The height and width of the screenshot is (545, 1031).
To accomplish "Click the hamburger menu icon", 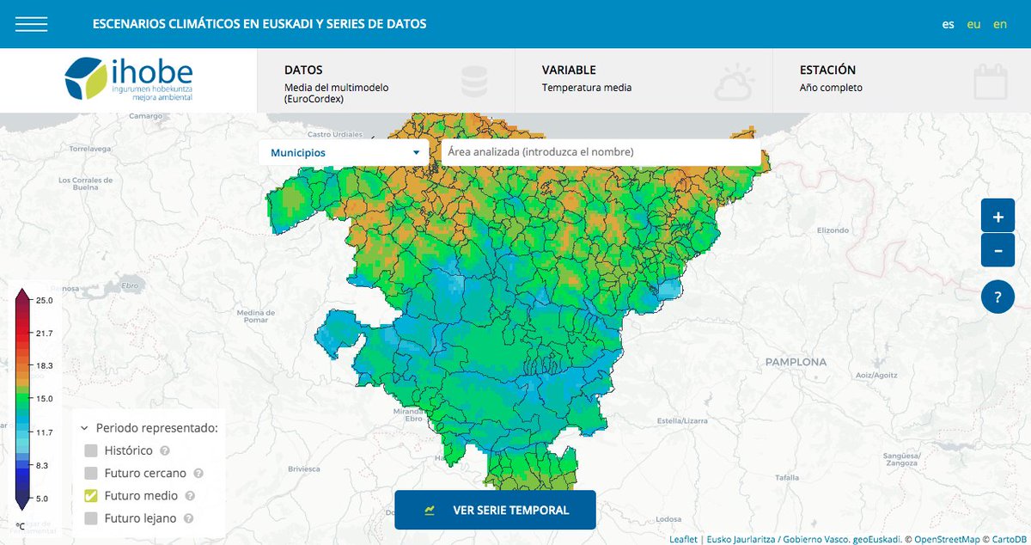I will tap(31, 24).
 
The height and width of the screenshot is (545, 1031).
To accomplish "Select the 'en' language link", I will tap(1000, 24).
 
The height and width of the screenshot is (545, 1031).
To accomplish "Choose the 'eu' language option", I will tap(973, 24).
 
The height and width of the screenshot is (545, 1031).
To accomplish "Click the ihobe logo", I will tap(129, 79).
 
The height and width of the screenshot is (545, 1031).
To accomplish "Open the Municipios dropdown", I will tap(344, 152).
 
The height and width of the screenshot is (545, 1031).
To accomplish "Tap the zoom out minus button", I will tap(997, 251).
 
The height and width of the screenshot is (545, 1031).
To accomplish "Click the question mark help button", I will tap(997, 298).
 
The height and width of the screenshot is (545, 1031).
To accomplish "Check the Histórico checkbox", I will tap(91, 450).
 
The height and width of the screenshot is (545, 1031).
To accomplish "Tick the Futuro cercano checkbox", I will tap(91, 473).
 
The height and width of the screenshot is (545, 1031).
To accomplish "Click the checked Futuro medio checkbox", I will tap(91, 496).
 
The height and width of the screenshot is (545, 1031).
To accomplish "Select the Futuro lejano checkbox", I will tap(91, 518).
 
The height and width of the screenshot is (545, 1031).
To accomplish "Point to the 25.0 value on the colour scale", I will tap(45, 300).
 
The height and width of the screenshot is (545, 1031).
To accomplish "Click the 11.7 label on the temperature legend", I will tap(45, 432).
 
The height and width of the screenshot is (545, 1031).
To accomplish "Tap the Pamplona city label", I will tap(796, 363).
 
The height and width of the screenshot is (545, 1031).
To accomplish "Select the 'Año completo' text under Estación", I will tap(831, 88).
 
